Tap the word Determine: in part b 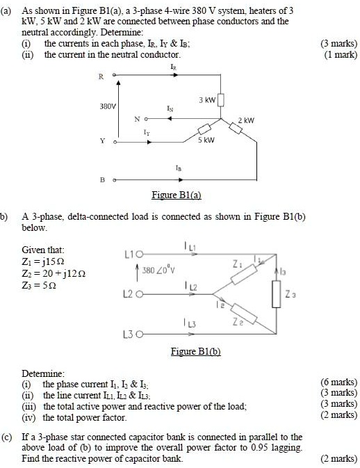coord(44,373)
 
